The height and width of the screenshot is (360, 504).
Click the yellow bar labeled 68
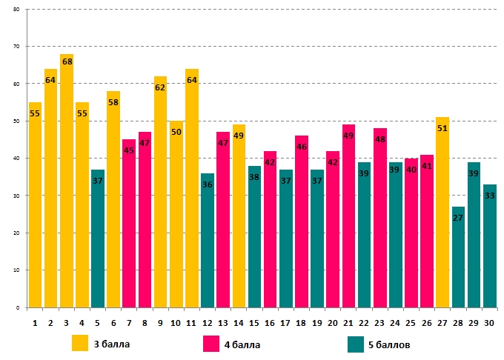(67, 185)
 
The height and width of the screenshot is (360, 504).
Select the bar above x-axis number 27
(442, 215)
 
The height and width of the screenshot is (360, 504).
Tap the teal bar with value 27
(458, 259)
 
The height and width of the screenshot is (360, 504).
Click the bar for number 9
(161, 193)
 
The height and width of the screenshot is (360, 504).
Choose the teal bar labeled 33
(489, 248)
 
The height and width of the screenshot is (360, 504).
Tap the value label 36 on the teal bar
(208, 185)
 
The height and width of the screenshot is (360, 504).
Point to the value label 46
(302, 147)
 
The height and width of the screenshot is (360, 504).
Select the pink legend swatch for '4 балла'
(210, 344)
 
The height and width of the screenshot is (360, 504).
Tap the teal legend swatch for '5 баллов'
(356, 344)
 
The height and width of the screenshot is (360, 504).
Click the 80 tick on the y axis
(17, 10)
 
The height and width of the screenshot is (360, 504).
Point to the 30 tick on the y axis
(17, 196)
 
